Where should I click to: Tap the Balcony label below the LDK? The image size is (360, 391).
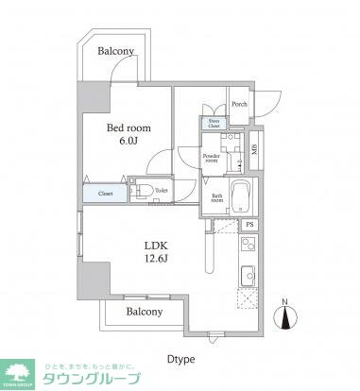(x=140, y=312)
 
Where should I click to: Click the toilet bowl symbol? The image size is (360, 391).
(x=144, y=191)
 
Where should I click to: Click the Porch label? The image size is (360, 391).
(x=239, y=105)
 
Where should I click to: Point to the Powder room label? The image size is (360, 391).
(x=210, y=158)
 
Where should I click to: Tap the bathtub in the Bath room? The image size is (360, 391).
(x=239, y=195)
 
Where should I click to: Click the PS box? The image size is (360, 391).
(x=249, y=225)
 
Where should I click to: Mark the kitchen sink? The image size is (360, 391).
(x=248, y=275)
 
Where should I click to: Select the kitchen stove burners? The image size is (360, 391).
(x=248, y=247)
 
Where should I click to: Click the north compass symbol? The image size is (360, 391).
(x=285, y=321)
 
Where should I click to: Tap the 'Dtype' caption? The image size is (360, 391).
(x=180, y=358)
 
